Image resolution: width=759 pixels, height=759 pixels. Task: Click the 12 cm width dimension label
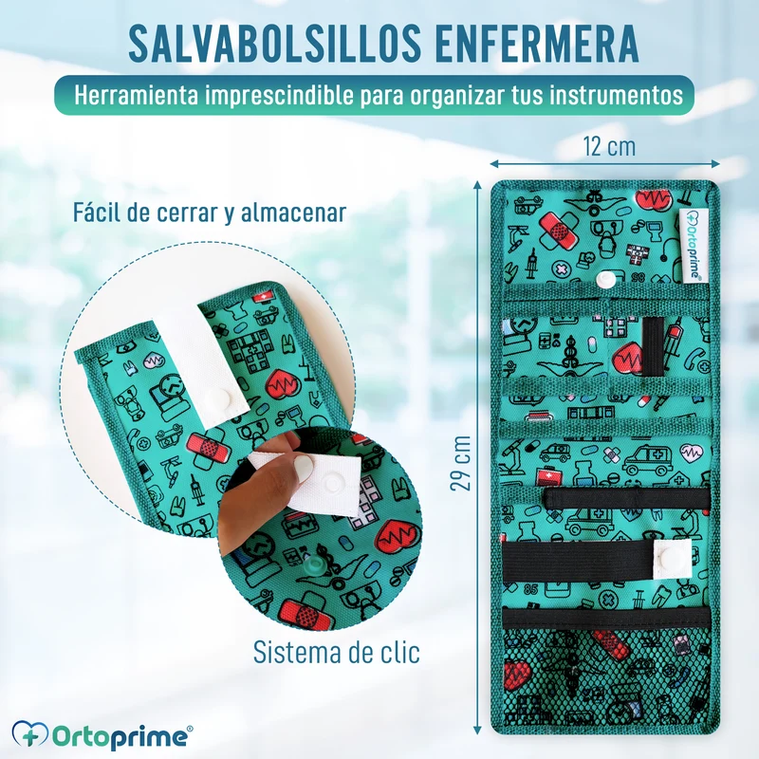[x=609, y=146]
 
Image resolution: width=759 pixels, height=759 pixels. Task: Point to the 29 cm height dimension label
[x=460, y=463]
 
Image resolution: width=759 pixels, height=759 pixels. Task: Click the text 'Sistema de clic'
[x=337, y=652]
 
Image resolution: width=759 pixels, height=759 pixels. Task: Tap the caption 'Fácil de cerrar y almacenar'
[x=210, y=212]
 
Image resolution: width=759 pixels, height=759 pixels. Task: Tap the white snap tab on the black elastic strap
[x=673, y=558]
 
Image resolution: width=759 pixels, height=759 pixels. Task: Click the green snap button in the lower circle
[x=318, y=565]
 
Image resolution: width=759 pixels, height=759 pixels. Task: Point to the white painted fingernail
[x=303, y=467]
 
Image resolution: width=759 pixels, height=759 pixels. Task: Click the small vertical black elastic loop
[x=653, y=347]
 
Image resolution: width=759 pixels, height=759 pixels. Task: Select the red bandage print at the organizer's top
[x=558, y=229]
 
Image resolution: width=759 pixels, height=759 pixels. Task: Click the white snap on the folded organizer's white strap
[x=214, y=398]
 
